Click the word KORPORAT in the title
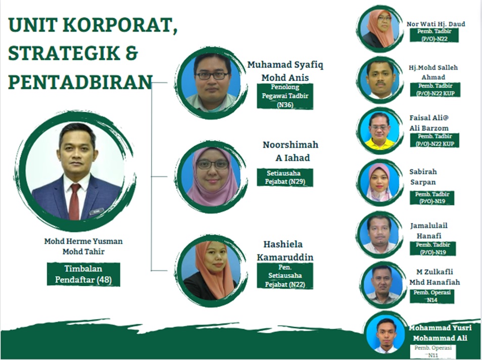coord(120,25)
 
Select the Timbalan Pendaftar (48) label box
coord(83,274)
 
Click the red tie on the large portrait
coord(75,201)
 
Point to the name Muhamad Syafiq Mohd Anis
coord(285,71)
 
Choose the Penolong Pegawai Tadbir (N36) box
coord(285,96)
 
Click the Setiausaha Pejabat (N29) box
coord(285,177)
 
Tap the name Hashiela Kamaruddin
coord(284,250)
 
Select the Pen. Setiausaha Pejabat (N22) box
coord(285,276)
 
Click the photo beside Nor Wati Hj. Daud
coord(380,29)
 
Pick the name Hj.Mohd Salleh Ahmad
coord(433,72)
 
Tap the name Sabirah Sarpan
coord(423,176)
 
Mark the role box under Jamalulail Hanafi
coord(433,249)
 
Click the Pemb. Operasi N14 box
coord(432,296)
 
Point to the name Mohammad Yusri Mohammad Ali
coord(440,333)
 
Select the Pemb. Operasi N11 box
coord(433,351)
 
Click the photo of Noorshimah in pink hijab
coord(212,176)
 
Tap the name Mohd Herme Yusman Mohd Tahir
coord(83,246)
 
